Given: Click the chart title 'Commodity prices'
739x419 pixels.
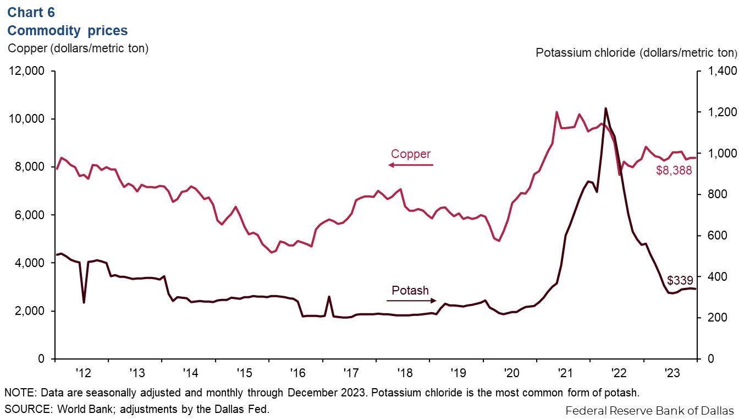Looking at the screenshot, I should (68, 30).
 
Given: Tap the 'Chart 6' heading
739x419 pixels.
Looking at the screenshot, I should (31, 12).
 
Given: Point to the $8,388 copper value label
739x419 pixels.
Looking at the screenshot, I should (674, 171).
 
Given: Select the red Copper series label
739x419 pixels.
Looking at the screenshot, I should (410, 154).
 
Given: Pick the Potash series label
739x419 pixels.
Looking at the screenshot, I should (410, 290).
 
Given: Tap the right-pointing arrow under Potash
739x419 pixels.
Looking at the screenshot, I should (410, 301).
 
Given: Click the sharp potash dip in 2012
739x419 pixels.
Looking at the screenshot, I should (84, 302).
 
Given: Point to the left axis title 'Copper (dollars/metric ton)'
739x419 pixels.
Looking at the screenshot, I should (78, 48).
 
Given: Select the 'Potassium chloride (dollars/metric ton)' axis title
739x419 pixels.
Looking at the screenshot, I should (636, 53).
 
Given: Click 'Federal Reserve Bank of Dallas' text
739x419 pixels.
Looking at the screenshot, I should (649, 411).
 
